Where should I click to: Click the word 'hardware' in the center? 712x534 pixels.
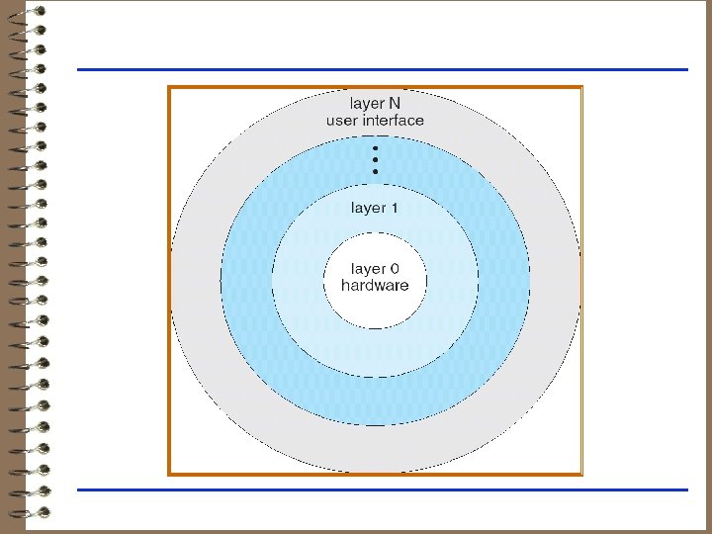click(375, 286)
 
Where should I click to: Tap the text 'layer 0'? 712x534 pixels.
click(375, 268)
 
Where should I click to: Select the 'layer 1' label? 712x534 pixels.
click(375, 209)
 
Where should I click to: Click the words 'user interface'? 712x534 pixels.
click(375, 121)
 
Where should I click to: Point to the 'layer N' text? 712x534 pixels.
click(375, 103)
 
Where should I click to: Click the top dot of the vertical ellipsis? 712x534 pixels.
click(376, 148)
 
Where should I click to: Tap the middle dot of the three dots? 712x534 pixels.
click(376, 159)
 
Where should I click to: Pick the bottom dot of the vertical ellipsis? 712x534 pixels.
click(376, 171)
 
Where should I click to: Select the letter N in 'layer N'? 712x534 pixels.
click(394, 103)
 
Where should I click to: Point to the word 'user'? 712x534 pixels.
click(342, 121)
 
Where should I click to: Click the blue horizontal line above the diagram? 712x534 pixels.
click(382, 69)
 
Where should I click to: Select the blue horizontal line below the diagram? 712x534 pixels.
click(382, 489)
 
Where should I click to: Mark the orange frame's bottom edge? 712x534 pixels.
click(375, 474)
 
